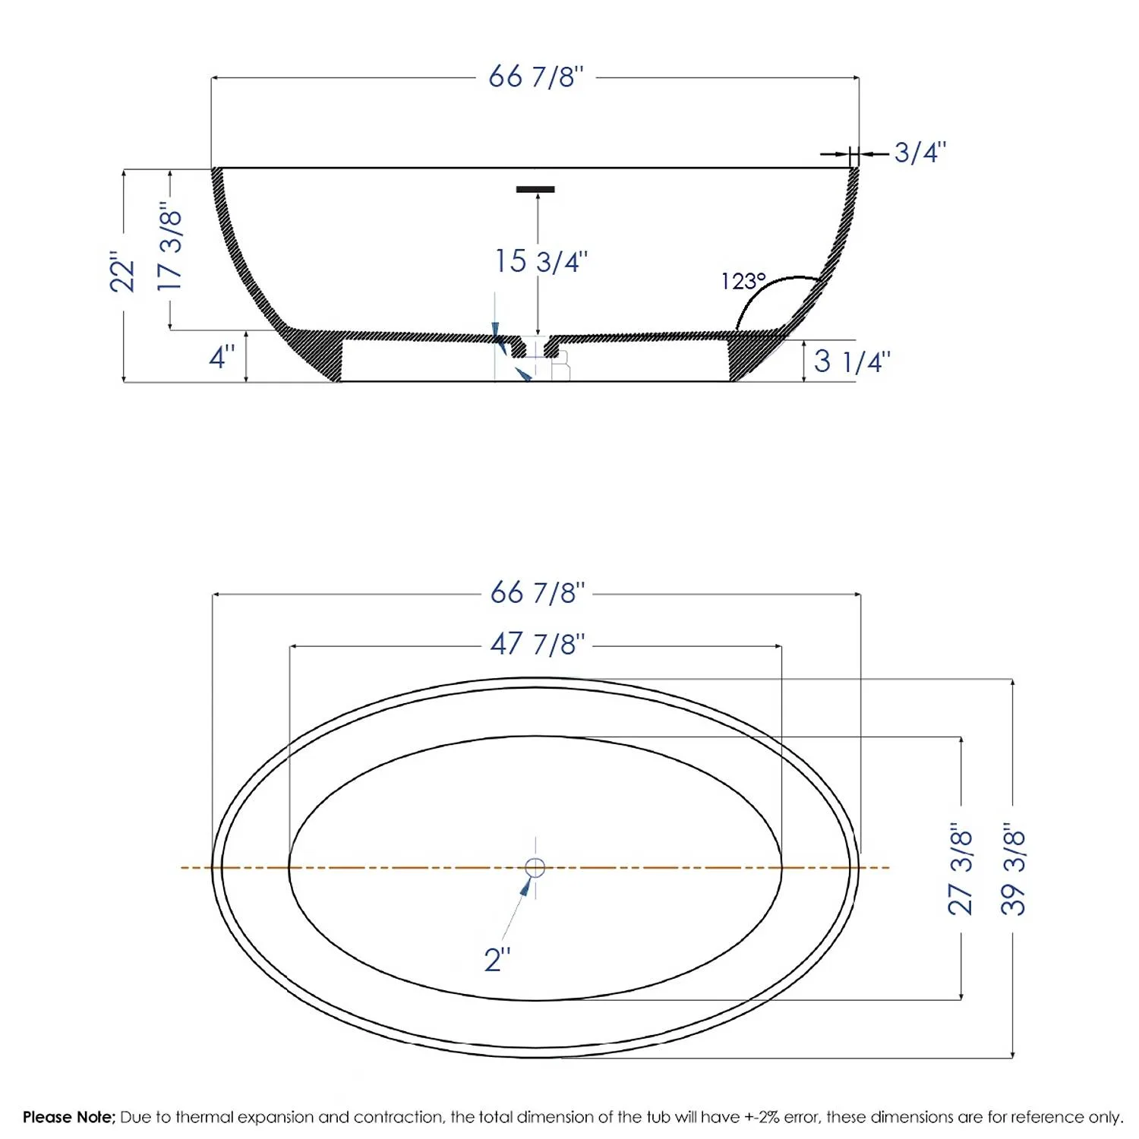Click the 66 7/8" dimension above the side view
[x=536, y=77]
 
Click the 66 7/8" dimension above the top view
[x=538, y=592]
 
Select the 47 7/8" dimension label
[x=538, y=644]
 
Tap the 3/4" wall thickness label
[x=920, y=153]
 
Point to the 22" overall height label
[x=123, y=272]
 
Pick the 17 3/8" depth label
[x=170, y=246]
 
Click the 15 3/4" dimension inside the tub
[x=541, y=261]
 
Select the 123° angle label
[x=743, y=282]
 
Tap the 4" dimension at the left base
[x=222, y=356]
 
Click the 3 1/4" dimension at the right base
[x=852, y=361]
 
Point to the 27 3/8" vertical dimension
[x=961, y=868]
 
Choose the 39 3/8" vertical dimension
[x=1013, y=868]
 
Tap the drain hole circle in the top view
[x=535, y=867]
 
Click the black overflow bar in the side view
[x=535, y=189]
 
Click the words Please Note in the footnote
[x=68, y=1117]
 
